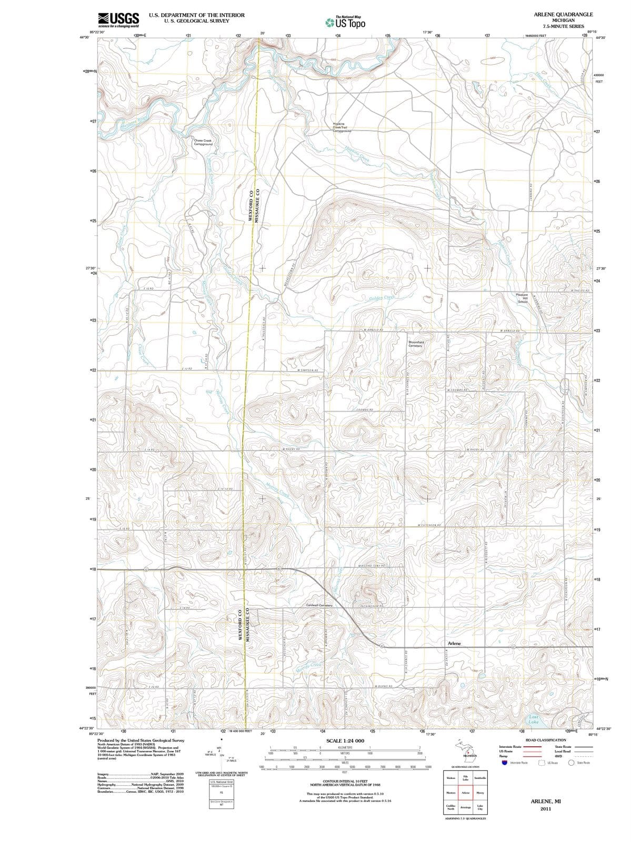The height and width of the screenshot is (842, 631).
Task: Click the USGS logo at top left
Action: coord(118,19)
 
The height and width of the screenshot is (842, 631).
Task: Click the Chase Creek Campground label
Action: coord(203,142)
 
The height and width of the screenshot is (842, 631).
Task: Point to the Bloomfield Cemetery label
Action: coord(416,344)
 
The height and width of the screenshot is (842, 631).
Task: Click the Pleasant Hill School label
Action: coord(522,298)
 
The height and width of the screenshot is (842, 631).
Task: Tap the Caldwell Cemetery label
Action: coord(319,606)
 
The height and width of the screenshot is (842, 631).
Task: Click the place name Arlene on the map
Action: coord(454,643)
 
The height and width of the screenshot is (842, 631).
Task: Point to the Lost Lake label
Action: coord(534,719)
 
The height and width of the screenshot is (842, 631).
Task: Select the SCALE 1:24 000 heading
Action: coord(345,740)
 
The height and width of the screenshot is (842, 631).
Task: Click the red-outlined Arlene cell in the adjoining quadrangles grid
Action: coord(465,793)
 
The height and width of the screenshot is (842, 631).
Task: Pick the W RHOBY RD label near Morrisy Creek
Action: coord(291,449)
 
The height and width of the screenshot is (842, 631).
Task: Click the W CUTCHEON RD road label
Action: coord(428,525)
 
